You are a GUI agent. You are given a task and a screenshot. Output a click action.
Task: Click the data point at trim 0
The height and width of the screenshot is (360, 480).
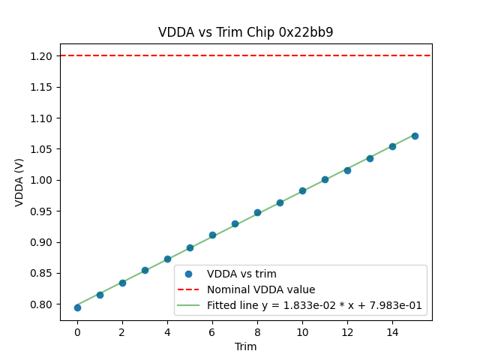[77, 307]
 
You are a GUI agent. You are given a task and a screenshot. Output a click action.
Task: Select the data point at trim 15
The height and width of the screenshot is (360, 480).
[415, 136]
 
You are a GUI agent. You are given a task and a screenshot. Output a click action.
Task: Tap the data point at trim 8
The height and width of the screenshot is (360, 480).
[257, 212]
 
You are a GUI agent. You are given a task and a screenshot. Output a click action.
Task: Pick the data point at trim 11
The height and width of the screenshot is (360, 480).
[325, 180]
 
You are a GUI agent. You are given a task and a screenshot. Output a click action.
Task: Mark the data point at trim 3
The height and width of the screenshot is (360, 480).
[145, 270]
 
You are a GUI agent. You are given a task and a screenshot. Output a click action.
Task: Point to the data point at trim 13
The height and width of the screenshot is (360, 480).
[370, 158]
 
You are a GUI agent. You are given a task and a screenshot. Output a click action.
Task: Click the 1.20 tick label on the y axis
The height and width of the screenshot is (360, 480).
[41, 56]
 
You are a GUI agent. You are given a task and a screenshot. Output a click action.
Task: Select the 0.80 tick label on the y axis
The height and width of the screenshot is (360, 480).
[41, 304]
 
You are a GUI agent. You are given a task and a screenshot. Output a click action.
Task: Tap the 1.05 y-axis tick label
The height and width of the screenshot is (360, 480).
[41, 149]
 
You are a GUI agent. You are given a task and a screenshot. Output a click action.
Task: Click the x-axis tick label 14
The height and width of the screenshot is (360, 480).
[392, 331]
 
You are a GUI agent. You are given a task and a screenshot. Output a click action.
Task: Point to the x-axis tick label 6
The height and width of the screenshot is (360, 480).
[212, 331]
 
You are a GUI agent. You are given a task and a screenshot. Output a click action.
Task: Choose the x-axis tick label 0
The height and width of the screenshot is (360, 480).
[77, 331]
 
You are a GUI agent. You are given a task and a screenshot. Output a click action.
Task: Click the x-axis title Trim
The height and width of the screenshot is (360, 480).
[246, 346]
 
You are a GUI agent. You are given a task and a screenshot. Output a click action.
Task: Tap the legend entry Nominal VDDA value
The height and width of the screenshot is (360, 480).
[261, 289]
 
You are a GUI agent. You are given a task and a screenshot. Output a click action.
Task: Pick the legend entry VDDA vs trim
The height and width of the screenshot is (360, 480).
[244, 274]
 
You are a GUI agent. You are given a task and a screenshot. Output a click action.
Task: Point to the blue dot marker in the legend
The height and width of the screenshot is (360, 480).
[189, 274]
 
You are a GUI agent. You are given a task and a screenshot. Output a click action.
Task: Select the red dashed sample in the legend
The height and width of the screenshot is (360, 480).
[189, 289]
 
